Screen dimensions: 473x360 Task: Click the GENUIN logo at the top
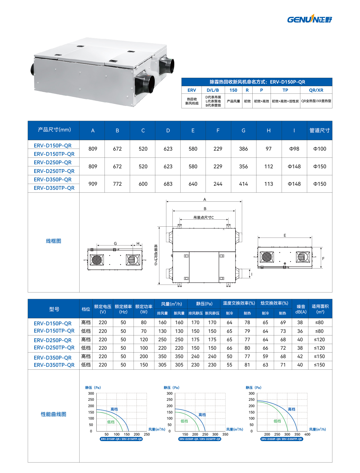309,19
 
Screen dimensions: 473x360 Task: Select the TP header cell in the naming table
285,90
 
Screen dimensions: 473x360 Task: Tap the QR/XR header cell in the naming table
316,90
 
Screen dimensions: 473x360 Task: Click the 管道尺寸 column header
319,131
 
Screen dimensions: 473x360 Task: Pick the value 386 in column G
243,149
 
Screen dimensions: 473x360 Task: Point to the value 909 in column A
93,184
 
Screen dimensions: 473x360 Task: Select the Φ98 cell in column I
294,149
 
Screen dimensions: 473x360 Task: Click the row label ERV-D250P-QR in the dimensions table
53,163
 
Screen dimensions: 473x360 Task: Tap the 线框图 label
53,241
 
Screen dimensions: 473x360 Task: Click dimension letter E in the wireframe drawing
285,236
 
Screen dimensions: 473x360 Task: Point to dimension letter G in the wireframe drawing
115,244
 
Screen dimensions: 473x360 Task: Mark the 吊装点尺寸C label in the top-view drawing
204,218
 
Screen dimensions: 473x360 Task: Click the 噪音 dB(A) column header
301,309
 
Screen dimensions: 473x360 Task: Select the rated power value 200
144,356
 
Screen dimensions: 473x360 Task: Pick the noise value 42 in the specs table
300,356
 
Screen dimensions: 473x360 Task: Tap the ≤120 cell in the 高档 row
319,340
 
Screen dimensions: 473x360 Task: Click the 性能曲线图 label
53,414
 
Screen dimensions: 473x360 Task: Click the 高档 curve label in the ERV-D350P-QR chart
291,409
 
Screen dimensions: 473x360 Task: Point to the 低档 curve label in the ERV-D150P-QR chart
111,422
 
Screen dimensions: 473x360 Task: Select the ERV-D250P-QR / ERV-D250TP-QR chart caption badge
200,439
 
